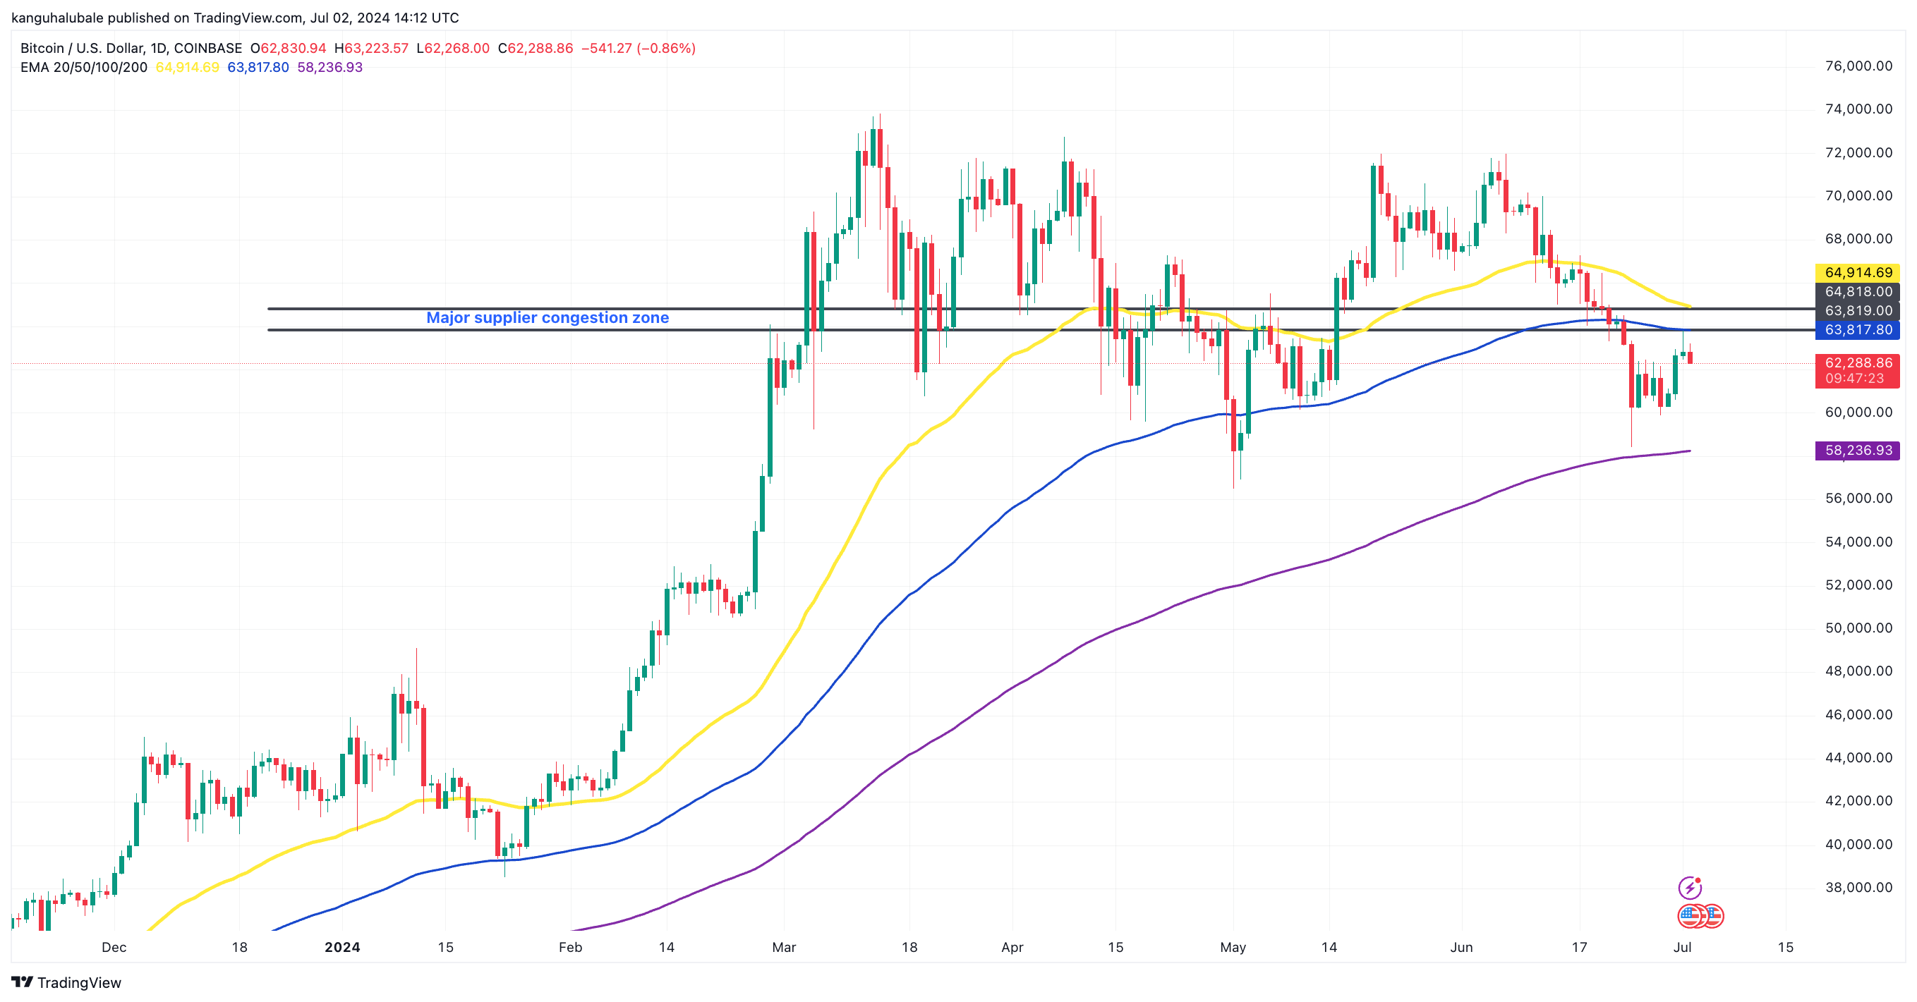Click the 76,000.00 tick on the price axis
pyautogui.click(x=1858, y=66)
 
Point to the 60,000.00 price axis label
pyautogui.click(x=1858, y=412)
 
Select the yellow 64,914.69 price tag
pyautogui.click(x=1858, y=272)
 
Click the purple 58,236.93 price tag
pyautogui.click(x=1858, y=451)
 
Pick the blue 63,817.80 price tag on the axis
pyautogui.click(x=1858, y=330)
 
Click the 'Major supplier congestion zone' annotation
pyautogui.click(x=547, y=317)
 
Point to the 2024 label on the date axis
pyautogui.click(x=342, y=948)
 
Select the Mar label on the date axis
pyautogui.click(x=784, y=948)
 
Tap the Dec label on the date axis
pyautogui.click(x=114, y=948)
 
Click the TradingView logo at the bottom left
pyautogui.click(x=66, y=983)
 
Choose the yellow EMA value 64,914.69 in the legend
pyautogui.click(x=187, y=68)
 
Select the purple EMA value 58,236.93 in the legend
pyautogui.click(x=329, y=68)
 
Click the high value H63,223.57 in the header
pyautogui.click(x=371, y=49)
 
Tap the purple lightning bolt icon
pyautogui.click(x=1689, y=888)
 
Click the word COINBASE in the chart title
pyautogui.click(x=207, y=49)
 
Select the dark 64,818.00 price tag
pyautogui.click(x=1858, y=292)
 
